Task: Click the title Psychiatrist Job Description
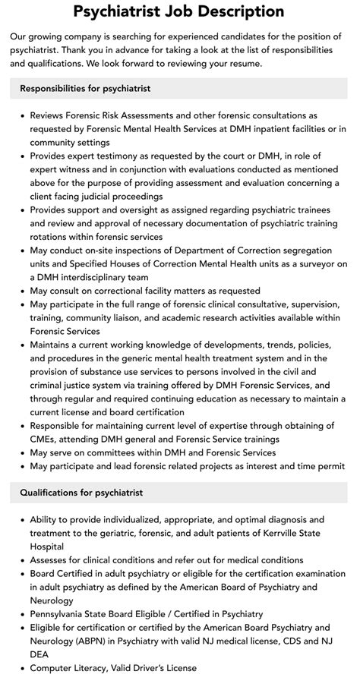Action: (x=179, y=11)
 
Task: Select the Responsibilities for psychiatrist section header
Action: (x=86, y=89)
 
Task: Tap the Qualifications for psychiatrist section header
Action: (x=81, y=493)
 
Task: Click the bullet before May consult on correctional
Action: (x=19, y=291)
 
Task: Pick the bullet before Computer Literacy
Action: (x=19, y=668)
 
